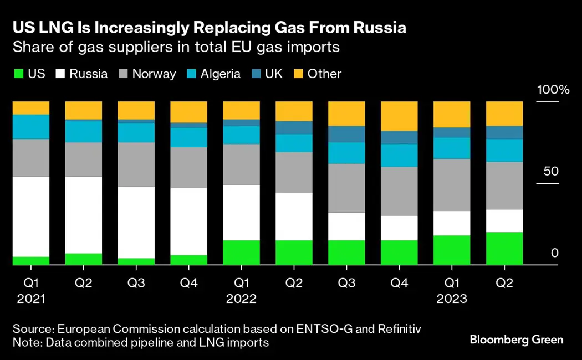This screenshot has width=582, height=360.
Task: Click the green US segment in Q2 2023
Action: pos(504,248)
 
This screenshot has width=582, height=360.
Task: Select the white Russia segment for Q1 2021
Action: pos(31,217)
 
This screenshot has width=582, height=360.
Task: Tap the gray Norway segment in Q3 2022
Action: pos(346,188)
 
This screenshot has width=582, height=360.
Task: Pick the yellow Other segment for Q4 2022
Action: pos(399,116)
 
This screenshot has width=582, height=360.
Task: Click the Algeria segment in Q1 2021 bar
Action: pos(31,126)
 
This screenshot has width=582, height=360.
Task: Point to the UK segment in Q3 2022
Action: pos(346,134)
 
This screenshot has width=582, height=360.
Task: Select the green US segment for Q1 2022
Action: pos(241,252)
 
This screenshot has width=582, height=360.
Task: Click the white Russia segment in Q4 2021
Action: pos(188,222)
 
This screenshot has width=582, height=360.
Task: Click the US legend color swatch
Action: pos(18,74)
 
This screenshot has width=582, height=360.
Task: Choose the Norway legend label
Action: pos(154,74)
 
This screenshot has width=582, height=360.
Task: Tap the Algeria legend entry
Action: pos(213,74)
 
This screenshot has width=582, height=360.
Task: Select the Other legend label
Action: pos(324,74)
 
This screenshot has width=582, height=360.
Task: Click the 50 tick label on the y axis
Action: pos(551,171)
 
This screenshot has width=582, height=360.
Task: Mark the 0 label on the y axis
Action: pos(554,253)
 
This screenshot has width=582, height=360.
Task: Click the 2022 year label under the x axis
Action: pos(241,299)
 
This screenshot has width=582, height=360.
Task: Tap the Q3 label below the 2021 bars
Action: pos(136,283)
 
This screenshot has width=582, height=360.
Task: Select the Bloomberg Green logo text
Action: pos(517,340)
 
